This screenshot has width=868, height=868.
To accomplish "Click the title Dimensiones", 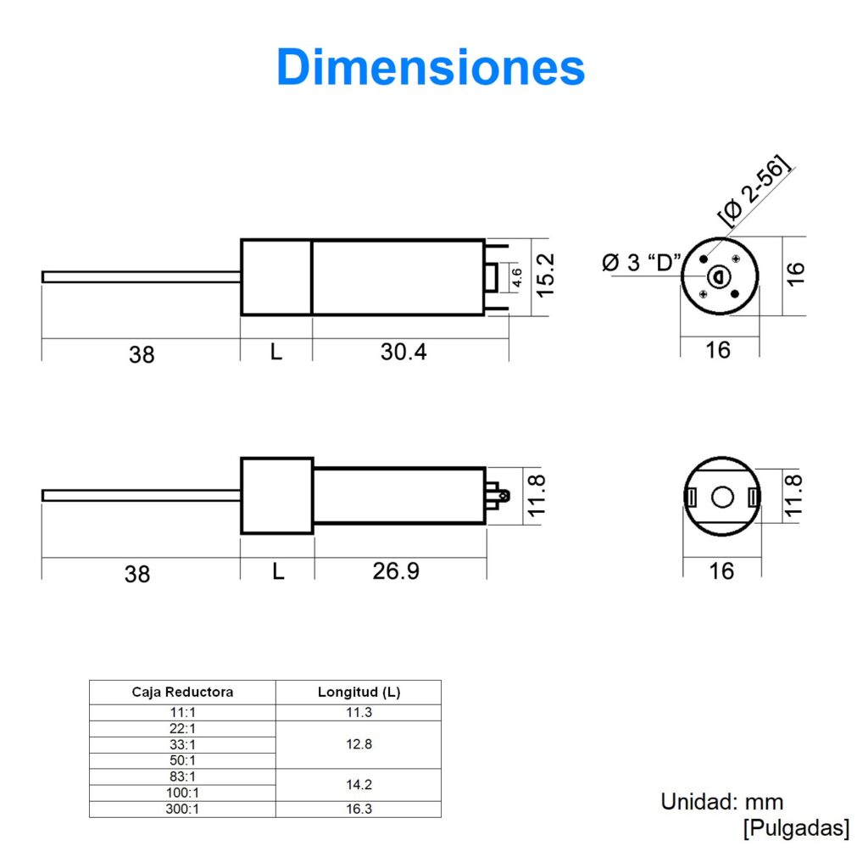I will (x=431, y=68).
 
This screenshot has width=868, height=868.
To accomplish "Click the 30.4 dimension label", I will (x=403, y=351).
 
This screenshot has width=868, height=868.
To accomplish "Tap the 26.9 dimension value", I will (x=396, y=571).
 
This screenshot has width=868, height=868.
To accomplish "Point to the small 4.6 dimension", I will (x=517, y=277).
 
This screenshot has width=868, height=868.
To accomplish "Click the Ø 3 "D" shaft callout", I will (x=642, y=263).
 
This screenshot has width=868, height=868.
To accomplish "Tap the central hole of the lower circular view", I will (x=721, y=497).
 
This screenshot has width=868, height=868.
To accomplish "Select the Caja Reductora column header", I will (x=182, y=692).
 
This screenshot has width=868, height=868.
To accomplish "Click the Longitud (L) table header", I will (x=359, y=692).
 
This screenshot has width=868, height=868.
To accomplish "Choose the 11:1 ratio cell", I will (x=182, y=713).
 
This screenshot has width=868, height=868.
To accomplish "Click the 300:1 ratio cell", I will (x=182, y=810).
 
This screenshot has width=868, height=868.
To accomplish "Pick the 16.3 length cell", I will (x=359, y=810).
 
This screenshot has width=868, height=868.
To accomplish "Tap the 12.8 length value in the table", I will (x=359, y=744).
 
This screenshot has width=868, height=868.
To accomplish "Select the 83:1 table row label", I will (x=182, y=776).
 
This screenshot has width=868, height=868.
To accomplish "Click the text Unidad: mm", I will (x=721, y=802).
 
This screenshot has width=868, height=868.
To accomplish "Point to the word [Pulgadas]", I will (x=794, y=828).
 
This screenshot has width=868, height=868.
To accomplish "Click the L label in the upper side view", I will (x=276, y=351).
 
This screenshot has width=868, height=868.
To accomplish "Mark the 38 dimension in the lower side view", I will (x=137, y=574).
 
